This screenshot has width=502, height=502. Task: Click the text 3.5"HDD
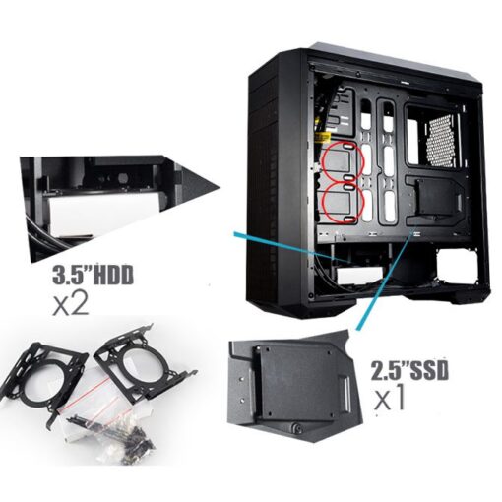[93, 275]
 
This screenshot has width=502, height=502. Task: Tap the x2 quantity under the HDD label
[71, 303]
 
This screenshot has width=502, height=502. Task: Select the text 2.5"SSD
[409, 370]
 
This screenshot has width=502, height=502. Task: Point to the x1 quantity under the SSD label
[390, 398]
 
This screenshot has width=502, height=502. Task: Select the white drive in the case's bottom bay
[359, 276]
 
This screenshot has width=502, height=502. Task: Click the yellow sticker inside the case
[323, 137]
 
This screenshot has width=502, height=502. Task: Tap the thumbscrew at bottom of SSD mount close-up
[298, 427]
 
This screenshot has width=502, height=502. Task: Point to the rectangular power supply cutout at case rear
[457, 266]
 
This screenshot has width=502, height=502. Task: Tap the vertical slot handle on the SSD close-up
[346, 395]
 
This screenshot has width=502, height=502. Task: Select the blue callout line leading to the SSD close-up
[383, 281]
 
